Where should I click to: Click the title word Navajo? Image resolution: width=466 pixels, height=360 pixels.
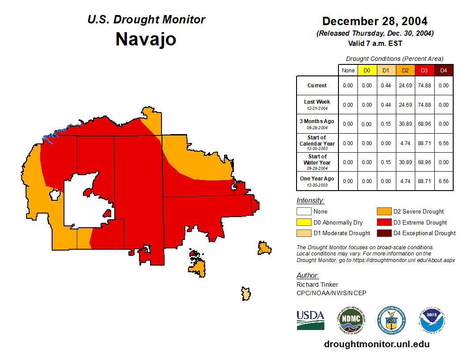[x=146, y=39]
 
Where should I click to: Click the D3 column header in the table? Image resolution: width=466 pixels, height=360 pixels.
[x=424, y=70]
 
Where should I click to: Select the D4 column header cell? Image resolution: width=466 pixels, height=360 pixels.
[x=443, y=70]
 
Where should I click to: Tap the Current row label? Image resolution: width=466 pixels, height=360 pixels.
[x=317, y=86]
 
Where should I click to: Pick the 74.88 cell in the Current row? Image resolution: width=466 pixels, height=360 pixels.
[x=424, y=86]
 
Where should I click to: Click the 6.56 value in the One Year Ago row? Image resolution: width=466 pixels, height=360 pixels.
[x=443, y=181]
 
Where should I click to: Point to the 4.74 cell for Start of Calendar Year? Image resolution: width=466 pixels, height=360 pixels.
[x=405, y=143]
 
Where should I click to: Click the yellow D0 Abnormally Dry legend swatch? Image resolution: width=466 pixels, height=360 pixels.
[x=304, y=222]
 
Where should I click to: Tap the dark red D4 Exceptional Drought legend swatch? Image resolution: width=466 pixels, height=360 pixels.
[x=384, y=233]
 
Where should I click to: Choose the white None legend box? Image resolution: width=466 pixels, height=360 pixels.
[x=304, y=212]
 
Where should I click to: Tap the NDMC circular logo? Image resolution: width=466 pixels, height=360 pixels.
[x=351, y=320]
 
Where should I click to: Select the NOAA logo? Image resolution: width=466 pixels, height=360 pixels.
[x=432, y=320]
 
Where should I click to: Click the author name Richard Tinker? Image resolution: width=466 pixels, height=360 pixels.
[x=317, y=285]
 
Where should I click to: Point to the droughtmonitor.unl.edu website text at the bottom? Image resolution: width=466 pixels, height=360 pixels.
[x=376, y=344]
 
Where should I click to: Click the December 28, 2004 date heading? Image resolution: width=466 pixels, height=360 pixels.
[x=375, y=21]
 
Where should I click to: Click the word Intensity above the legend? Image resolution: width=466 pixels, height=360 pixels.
[x=310, y=201]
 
